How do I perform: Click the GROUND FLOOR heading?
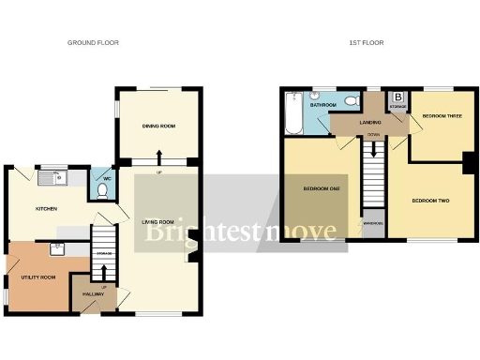94,42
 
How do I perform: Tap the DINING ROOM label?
159,126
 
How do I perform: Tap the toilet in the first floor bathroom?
351,101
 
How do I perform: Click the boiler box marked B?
397,97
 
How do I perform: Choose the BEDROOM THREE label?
441,116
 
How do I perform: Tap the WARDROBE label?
373,223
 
